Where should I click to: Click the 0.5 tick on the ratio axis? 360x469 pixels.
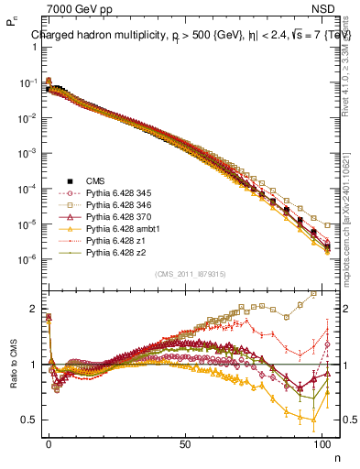pos(28,420)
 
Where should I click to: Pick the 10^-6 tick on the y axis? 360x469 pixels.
pos(27,259)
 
